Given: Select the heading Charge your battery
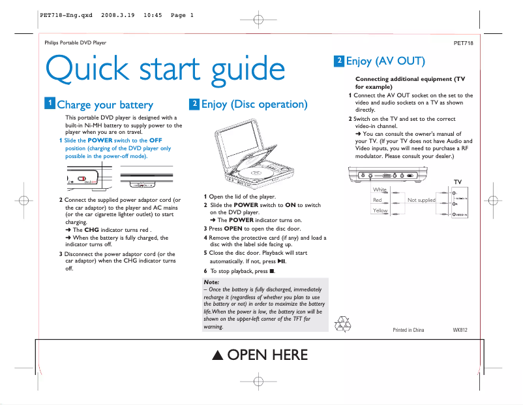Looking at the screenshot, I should [x=105, y=105].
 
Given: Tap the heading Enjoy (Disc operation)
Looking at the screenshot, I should [x=254, y=105].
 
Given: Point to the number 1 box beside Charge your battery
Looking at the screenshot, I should [x=50, y=103].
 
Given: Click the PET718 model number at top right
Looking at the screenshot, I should [x=463, y=43].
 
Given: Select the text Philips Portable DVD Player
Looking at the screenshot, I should [x=75, y=43].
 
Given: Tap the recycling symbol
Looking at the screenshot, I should [x=342, y=324].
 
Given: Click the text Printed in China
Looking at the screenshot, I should [x=408, y=330].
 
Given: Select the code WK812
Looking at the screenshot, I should [x=460, y=330].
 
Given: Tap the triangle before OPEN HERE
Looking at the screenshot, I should [x=218, y=356].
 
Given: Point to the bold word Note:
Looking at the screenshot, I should [x=211, y=282].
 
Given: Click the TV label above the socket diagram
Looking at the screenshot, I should [x=458, y=182].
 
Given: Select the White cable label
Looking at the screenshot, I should [x=380, y=190].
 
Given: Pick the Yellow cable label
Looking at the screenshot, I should [x=380, y=210].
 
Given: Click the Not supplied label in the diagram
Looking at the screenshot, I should [x=421, y=200].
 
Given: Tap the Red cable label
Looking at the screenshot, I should [x=377, y=200].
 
